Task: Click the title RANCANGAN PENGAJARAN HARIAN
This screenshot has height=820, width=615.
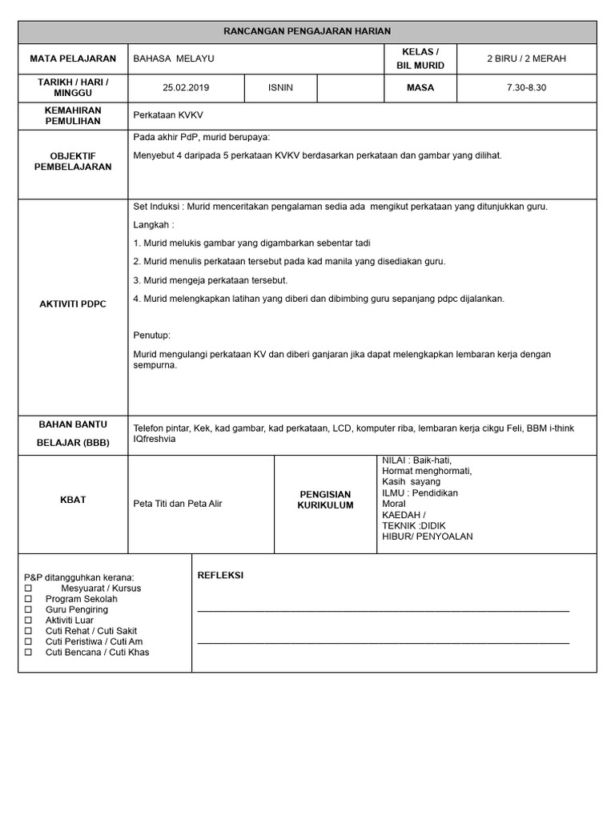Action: tap(307, 31)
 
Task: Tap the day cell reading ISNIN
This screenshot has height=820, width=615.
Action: tap(280, 87)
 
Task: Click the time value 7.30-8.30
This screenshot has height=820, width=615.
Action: tap(526, 87)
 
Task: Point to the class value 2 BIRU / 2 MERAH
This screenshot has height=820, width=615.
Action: tap(526, 58)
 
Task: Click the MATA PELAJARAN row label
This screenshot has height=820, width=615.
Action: tap(73, 58)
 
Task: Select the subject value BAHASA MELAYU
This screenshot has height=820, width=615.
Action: tap(174, 58)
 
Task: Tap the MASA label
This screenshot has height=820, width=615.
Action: tap(420, 87)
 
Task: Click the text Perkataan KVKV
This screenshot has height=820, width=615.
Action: tap(168, 115)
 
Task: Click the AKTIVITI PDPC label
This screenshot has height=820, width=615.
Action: tap(73, 304)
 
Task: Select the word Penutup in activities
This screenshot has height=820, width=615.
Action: tap(151, 336)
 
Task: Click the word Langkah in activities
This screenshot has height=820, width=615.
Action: tap(153, 225)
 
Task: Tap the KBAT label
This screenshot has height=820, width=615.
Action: tap(73, 500)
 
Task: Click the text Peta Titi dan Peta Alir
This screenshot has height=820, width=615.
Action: tap(178, 504)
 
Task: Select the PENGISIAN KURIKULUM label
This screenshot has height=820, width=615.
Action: tap(325, 500)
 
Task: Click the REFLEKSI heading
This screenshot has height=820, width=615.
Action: tap(220, 575)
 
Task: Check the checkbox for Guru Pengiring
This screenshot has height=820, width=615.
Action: tap(29, 610)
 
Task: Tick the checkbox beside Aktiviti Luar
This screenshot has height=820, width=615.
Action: tap(29, 621)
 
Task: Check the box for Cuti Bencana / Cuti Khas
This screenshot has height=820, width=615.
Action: tap(29, 653)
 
